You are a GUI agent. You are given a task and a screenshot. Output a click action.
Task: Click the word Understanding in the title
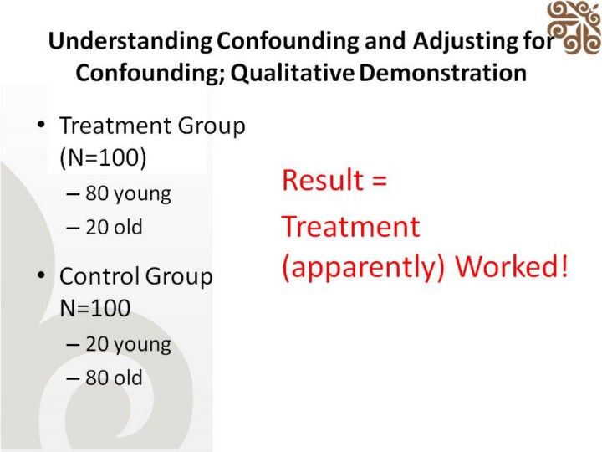tap(130, 41)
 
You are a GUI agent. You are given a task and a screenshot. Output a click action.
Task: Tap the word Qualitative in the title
tap(292, 73)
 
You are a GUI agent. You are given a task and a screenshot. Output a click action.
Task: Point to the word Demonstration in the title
tap(442, 72)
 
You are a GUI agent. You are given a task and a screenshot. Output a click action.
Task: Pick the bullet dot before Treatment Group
tap(41, 125)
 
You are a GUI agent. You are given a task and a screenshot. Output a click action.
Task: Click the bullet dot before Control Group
tap(41, 275)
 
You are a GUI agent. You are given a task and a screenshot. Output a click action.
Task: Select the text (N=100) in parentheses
tap(104, 157)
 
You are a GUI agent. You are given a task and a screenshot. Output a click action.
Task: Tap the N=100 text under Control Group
tap(95, 308)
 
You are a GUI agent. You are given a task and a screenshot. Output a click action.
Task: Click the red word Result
tap(323, 180)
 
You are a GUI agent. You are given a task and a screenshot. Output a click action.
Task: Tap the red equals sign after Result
tap(379, 182)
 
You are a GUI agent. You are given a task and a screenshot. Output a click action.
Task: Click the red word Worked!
tap(512, 265)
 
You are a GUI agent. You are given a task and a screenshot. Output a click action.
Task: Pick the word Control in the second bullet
tap(99, 276)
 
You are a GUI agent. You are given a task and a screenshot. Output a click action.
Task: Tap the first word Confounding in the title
tap(288, 41)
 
